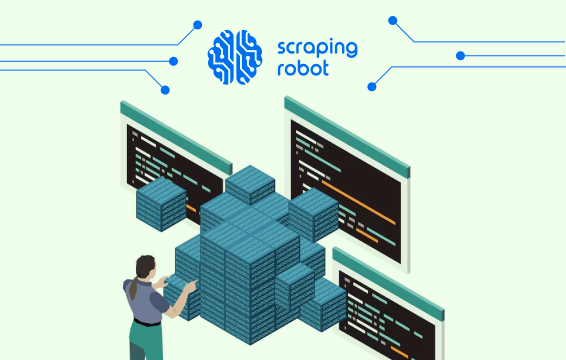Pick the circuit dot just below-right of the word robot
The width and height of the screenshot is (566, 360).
(x=372, y=86)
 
